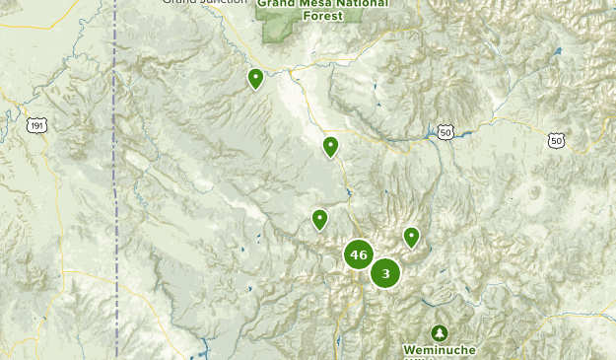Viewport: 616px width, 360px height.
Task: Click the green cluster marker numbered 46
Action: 358,255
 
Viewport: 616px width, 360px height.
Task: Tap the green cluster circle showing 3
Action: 385,273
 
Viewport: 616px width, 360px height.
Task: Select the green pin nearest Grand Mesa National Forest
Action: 255,77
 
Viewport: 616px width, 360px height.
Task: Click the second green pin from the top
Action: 330,147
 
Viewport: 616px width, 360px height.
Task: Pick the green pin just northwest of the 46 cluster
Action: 319,219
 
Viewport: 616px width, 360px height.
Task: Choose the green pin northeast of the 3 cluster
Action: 411,237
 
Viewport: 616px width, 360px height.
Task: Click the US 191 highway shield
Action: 37,125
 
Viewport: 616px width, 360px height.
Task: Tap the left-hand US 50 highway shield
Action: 445,131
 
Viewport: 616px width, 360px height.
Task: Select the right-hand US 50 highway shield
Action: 557,141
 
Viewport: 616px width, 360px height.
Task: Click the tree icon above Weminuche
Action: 439,332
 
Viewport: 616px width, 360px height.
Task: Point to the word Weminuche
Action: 439,350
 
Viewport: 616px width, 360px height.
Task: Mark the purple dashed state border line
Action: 115,197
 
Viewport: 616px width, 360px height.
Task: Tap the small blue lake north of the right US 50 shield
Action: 558,50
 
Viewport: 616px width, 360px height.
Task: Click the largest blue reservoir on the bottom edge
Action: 204,349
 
